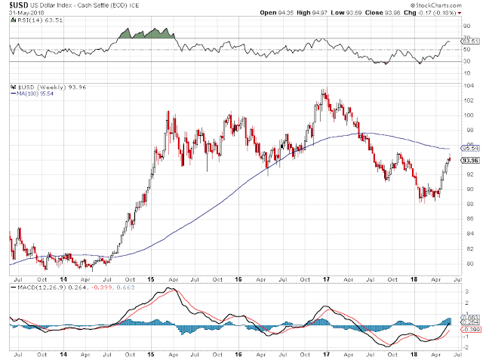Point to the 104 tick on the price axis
pos(468,86)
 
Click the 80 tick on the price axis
pos(468,263)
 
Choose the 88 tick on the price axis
pos(468,205)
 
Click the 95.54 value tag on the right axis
pos(469,148)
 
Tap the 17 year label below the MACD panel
pos(326,352)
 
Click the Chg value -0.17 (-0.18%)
pos(449,12)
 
